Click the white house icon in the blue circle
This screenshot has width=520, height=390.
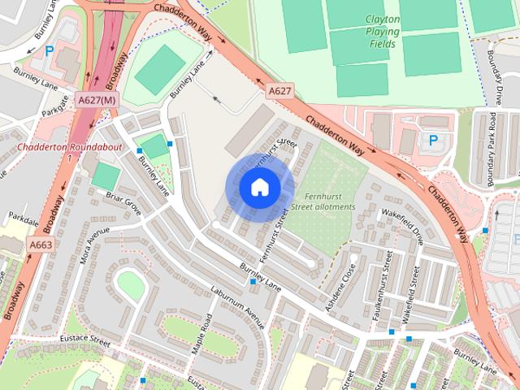click(259, 188)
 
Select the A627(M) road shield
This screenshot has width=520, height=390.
click(97, 99)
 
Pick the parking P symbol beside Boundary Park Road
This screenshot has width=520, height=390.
click(433, 141)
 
